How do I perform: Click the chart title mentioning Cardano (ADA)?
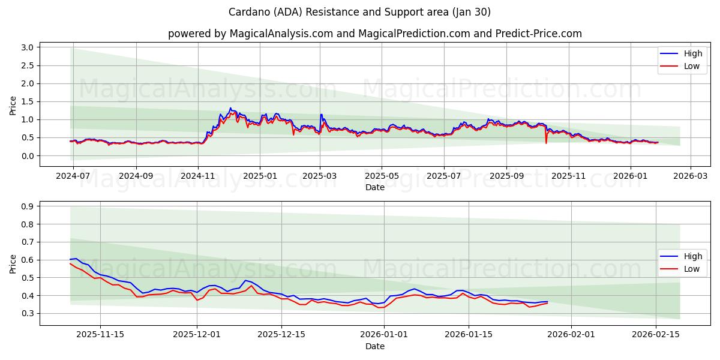coord(359,12)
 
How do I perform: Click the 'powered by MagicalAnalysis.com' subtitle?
coord(374,34)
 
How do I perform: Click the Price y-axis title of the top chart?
coord(13,106)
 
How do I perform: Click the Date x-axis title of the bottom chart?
coord(374,346)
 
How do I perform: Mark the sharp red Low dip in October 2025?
coord(546,143)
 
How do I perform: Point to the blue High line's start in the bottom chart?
coord(70,259)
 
